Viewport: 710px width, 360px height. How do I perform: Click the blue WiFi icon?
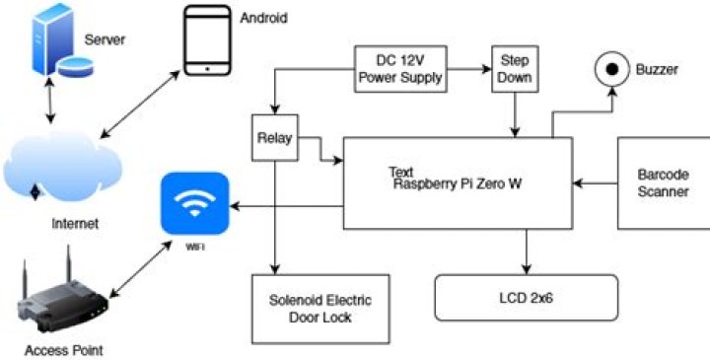196,206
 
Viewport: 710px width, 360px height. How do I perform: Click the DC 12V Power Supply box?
399,69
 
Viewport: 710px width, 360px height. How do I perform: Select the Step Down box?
512,69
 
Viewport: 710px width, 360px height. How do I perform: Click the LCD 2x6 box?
526,297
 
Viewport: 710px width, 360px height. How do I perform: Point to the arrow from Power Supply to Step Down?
468,69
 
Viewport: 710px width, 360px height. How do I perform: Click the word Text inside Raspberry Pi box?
401,171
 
